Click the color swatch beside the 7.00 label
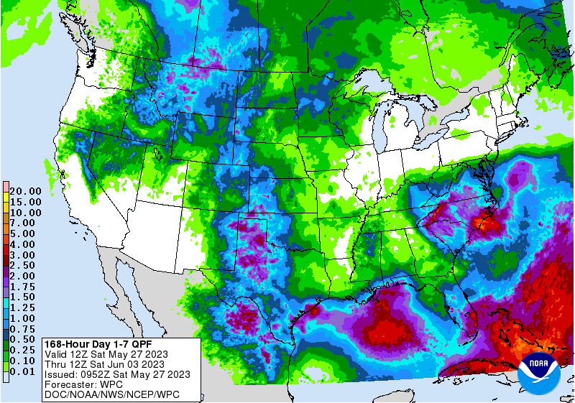pos(6,223)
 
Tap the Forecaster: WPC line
pos(84,384)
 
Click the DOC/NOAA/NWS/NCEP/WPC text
pos(111,395)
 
